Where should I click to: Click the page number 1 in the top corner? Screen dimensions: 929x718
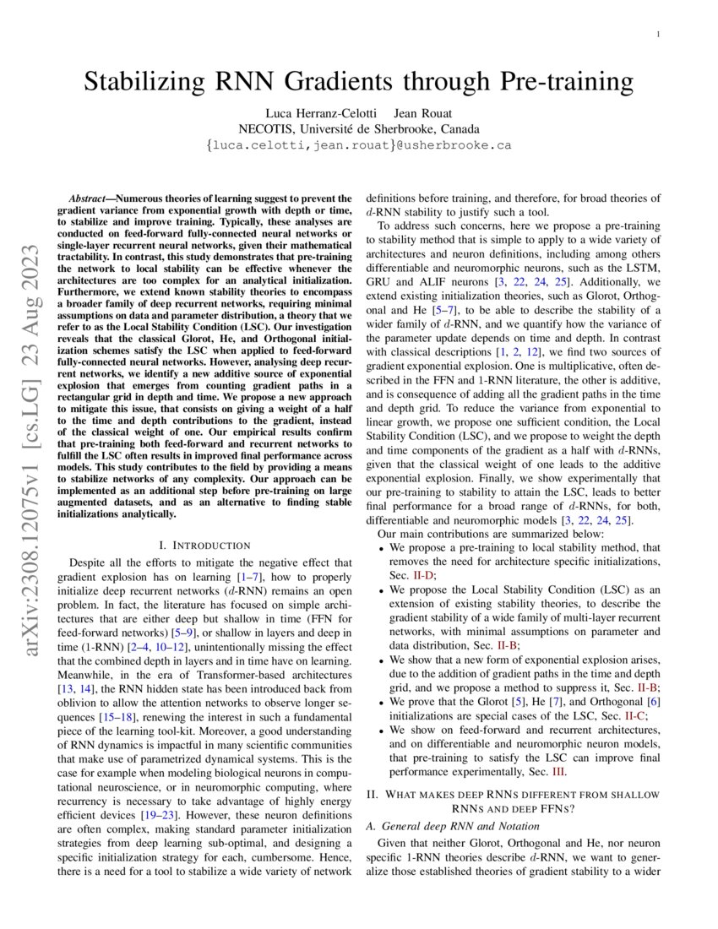click(x=657, y=34)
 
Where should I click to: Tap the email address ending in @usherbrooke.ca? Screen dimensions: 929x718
click(x=358, y=145)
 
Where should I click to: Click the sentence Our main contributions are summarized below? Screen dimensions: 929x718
click(x=490, y=534)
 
